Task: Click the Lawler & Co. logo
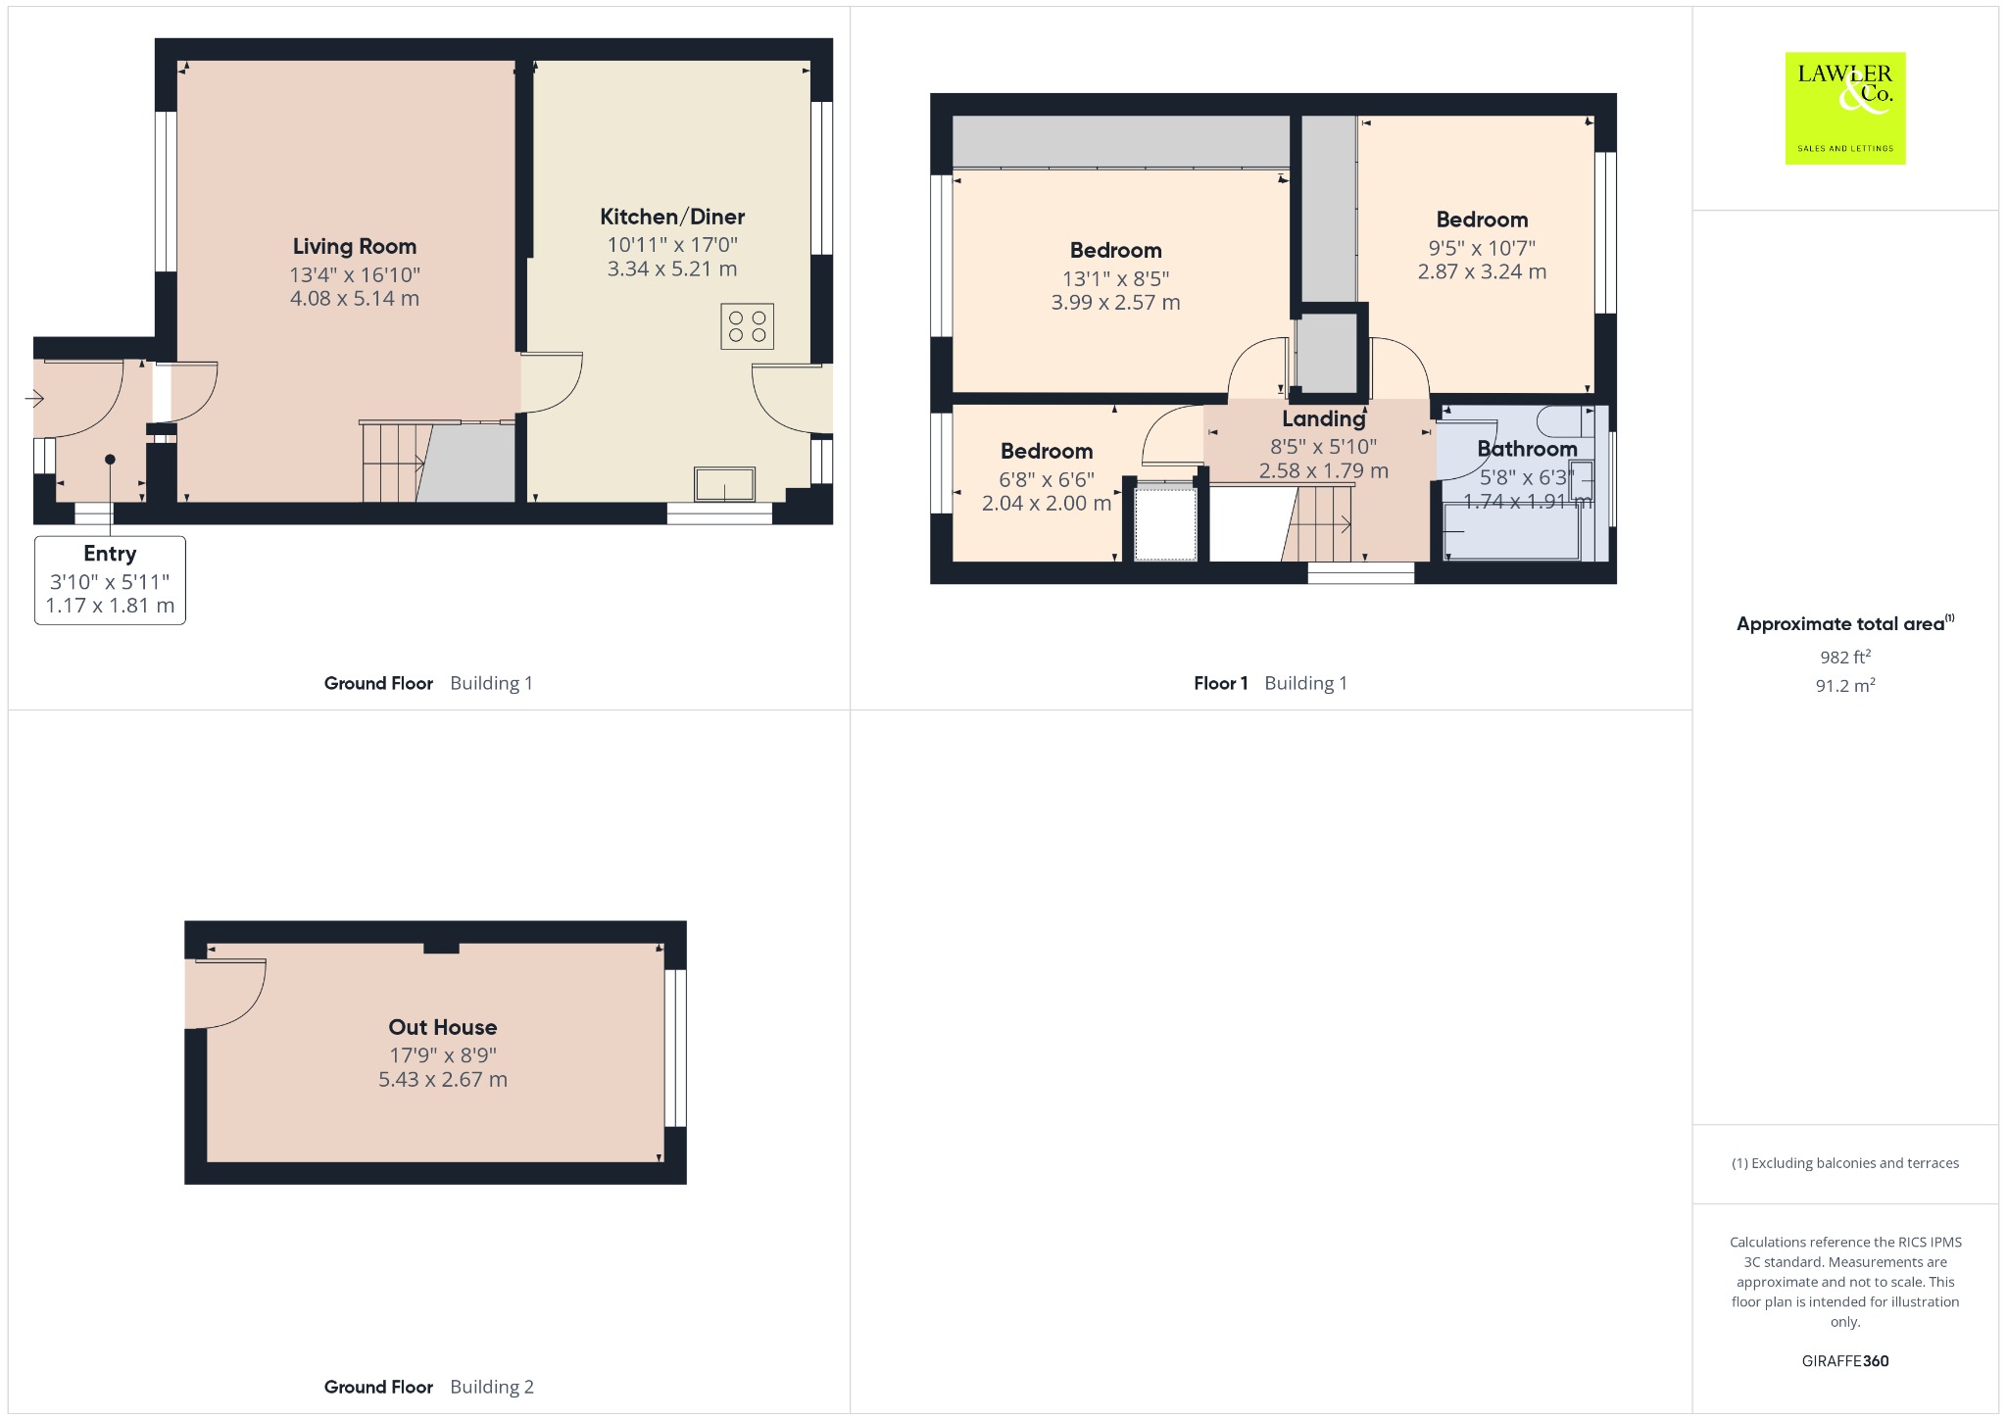coord(1845,108)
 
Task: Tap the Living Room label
coord(355,246)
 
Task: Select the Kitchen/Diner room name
coord(672,217)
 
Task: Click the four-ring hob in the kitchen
coord(748,326)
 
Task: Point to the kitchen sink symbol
coord(725,484)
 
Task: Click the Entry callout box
coord(110,579)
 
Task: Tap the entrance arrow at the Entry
coord(35,399)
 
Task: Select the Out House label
coord(443,1027)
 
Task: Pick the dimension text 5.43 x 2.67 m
coord(443,1080)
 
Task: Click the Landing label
coord(1324,419)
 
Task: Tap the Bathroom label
coord(1528,449)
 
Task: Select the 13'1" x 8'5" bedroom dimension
coord(1116,278)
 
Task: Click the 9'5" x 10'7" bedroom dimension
coord(1482,248)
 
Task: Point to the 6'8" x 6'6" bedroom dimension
coord(1047,479)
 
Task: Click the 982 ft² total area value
coord(1845,657)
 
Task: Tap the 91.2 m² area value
coord(1845,685)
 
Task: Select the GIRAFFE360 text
coord(1845,1361)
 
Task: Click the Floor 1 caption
coord(1221,683)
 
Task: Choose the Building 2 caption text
coord(492,1387)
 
